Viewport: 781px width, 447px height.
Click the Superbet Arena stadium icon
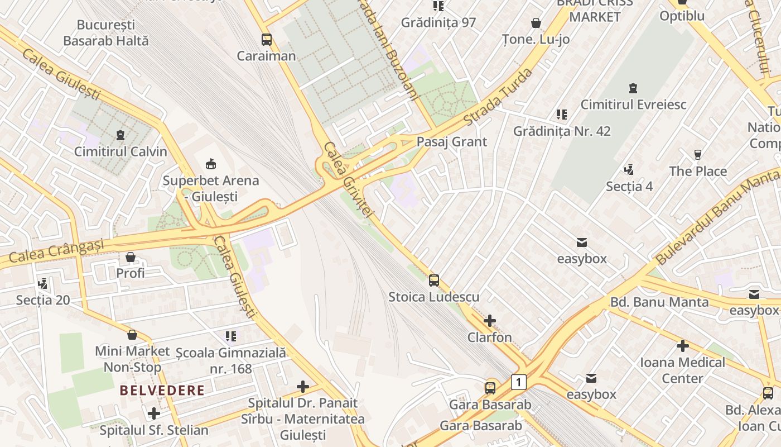click(x=211, y=164)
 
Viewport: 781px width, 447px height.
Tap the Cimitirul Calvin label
click(x=120, y=151)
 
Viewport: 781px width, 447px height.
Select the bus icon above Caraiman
click(x=267, y=40)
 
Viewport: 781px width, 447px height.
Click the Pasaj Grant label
click(x=452, y=142)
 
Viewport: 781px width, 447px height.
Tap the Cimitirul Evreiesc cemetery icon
click(x=633, y=88)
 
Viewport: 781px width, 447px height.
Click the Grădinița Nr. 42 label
click(x=562, y=131)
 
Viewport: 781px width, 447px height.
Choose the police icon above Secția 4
click(x=629, y=169)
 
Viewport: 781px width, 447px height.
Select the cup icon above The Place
click(x=697, y=155)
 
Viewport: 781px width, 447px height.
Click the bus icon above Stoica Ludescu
click(x=434, y=280)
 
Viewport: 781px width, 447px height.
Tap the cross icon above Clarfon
click(x=490, y=321)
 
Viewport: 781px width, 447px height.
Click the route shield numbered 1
click(x=519, y=382)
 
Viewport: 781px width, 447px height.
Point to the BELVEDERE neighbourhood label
click(x=162, y=390)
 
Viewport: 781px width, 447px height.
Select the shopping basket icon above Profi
click(x=131, y=257)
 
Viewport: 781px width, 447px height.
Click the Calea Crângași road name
click(x=57, y=251)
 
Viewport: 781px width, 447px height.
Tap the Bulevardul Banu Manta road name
click(x=717, y=218)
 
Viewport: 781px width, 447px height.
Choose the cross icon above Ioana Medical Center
click(x=682, y=346)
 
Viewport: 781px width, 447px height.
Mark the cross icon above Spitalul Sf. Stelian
click(x=154, y=414)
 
